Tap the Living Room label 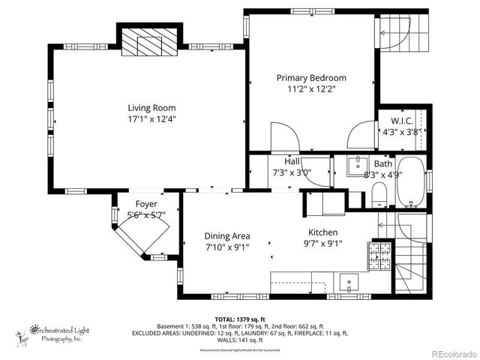coord(151,107)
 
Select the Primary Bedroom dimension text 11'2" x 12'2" coord(311,88)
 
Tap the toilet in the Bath coord(379,197)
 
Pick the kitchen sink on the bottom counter coord(349,283)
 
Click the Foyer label coord(146,204)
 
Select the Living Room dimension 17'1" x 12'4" coord(151,118)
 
